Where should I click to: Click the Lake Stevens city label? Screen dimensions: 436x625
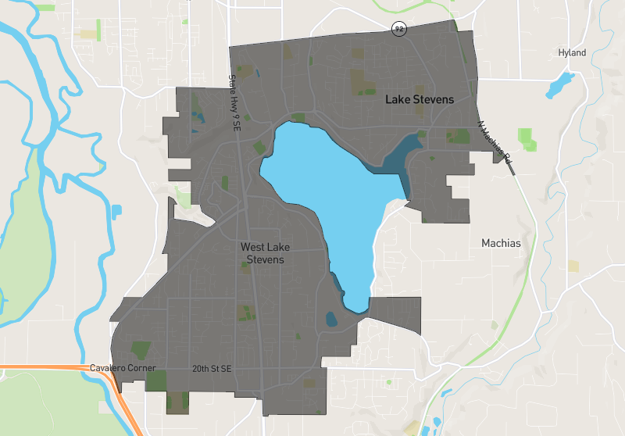419,100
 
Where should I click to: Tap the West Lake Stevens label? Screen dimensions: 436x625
262,253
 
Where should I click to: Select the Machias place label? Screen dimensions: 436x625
501,243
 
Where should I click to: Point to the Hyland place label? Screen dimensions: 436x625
571,53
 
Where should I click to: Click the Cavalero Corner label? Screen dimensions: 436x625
123,368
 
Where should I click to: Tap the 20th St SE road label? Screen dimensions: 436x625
212,368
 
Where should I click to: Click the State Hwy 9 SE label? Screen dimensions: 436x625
233,102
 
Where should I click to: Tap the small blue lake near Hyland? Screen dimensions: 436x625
560,84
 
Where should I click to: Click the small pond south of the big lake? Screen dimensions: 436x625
331,319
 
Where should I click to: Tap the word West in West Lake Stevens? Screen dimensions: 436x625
254,247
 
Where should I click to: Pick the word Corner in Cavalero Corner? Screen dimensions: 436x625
143,368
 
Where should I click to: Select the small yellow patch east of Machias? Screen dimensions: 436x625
573,266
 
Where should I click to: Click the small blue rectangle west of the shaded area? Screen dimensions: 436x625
117,211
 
